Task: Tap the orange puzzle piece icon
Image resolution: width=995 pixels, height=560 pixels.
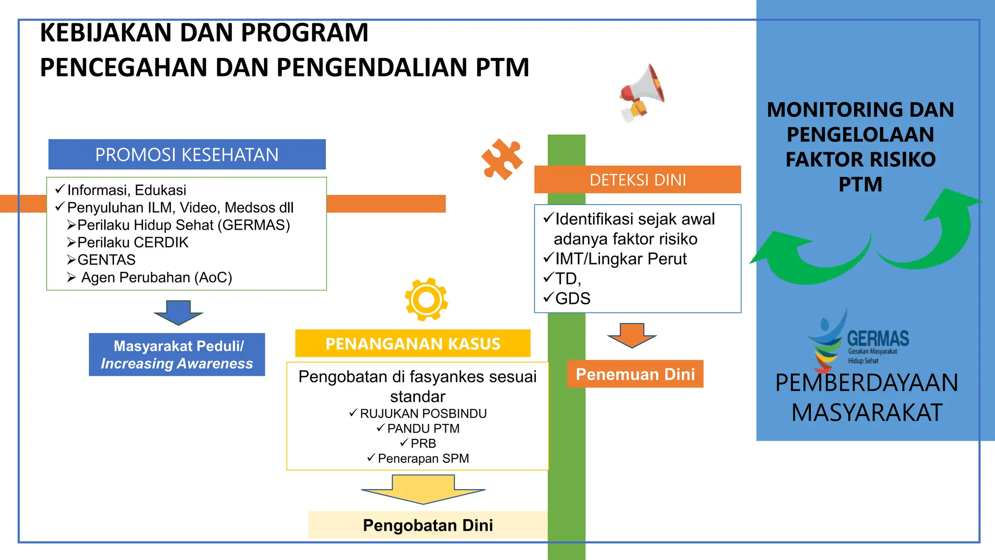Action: coord(501,159)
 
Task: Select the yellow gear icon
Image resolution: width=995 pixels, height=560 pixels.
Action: coord(426,299)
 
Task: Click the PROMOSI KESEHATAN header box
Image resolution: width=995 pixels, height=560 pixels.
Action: coord(187,155)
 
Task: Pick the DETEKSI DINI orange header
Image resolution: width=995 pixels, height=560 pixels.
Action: coord(637,180)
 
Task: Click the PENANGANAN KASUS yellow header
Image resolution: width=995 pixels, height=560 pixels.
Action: coord(412,344)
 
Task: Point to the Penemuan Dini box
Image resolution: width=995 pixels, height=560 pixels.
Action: coord(635,374)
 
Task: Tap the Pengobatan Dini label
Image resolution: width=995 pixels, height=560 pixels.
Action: coord(428,525)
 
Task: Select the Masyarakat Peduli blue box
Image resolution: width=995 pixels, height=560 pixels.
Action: coord(177,354)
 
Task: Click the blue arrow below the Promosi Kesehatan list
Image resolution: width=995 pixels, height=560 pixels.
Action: coord(178,312)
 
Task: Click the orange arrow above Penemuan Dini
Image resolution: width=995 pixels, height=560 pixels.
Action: coord(632,335)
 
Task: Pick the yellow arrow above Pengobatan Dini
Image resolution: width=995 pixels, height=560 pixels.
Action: coord(423,489)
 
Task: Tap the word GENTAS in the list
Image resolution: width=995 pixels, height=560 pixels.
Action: coord(106,260)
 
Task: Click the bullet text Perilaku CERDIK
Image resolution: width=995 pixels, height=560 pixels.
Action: coord(133,243)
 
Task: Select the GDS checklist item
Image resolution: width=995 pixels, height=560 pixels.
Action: coord(572,298)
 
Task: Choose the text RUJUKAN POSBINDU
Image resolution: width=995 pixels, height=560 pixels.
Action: coord(423,414)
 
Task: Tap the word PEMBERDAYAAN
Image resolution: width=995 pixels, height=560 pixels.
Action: coord(866,383)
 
